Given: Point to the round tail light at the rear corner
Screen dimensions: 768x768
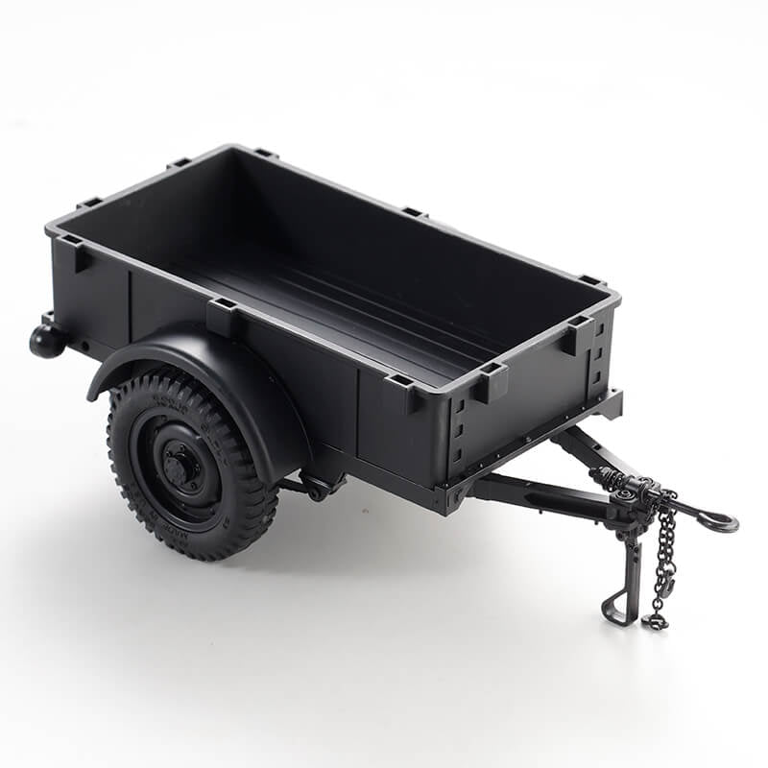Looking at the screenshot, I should [x=46, y=340].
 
